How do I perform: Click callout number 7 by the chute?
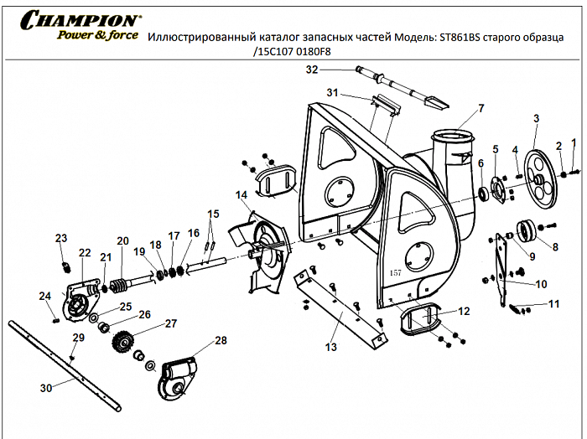(481, 107)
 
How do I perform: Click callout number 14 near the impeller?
(242, 195)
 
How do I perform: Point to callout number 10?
(541, 283)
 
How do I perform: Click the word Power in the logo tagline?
(76, 36)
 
